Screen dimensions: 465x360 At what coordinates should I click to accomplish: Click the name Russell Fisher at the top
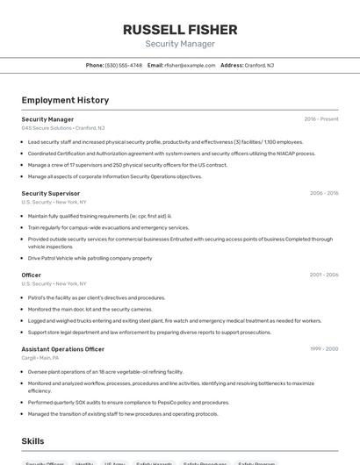point(179,29)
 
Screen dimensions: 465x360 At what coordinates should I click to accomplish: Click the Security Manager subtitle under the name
point(179,44)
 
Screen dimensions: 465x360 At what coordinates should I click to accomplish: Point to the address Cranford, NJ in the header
point(258,65)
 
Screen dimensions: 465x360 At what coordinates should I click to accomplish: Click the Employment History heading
point(65,101)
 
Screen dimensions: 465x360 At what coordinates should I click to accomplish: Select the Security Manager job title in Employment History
point(47,119)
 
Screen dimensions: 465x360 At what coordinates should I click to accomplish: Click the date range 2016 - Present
point(320,119)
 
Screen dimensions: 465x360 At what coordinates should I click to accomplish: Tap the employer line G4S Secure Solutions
point(62,128)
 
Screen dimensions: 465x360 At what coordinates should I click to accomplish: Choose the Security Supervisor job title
point(50,193)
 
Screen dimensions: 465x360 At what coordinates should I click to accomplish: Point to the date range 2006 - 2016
point(323,193)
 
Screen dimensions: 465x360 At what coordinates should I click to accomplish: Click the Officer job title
point(31,275)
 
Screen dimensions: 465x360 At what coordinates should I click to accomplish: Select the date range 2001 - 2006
point(323,275)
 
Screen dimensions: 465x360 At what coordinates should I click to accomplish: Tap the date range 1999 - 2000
point(323,349)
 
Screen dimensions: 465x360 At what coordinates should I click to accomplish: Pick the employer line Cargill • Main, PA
point(40,358)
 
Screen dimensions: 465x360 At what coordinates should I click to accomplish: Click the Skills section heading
point(32,441)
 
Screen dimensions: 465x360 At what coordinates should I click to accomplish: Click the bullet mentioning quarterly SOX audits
point(128,403)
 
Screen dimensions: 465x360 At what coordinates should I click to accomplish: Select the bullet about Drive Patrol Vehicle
point(90,259)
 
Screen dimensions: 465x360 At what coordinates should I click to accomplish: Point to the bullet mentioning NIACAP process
point(171,153)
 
